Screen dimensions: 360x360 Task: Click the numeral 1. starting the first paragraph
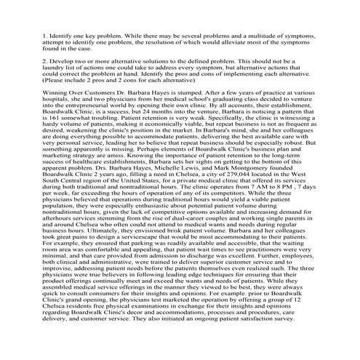[45, 35]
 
